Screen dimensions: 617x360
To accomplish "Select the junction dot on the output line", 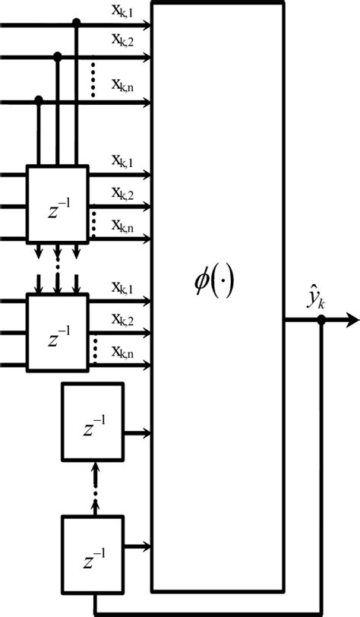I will point(321,321).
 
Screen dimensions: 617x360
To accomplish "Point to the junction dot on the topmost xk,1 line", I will point(76,24).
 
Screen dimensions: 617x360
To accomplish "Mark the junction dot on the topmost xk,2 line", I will point(58,55).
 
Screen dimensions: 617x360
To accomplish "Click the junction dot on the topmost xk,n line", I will point(39,100).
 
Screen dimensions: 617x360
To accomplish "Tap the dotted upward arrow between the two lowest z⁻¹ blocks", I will point(95,486).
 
